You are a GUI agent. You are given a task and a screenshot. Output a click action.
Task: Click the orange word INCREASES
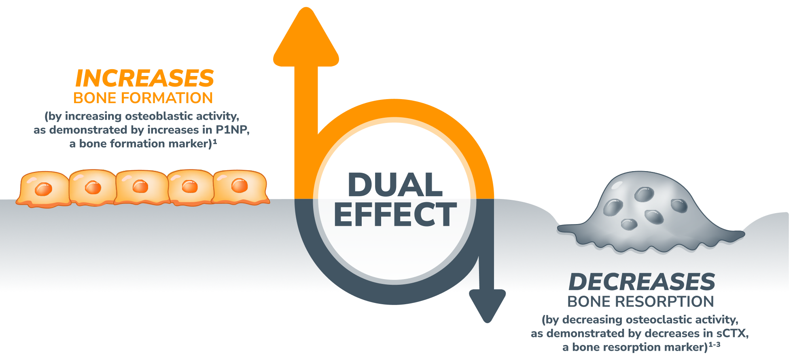click(x=144, y=78)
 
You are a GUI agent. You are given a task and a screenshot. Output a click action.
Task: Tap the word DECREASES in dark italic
click(x=642, y=282)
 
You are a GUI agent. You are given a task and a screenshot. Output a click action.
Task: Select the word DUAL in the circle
click(x=395, y=185)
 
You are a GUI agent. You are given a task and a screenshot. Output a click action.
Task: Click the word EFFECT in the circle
click(x=395, y=214)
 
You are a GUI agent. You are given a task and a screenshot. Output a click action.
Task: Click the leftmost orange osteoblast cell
click(x=43, y=189)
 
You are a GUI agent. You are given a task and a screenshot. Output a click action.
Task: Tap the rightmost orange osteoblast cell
click(x=240, y=186)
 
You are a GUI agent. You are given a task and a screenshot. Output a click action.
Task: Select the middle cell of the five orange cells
click(x=140, y=187)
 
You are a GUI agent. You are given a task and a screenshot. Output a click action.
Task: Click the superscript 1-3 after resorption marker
click(x=715, y=345)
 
